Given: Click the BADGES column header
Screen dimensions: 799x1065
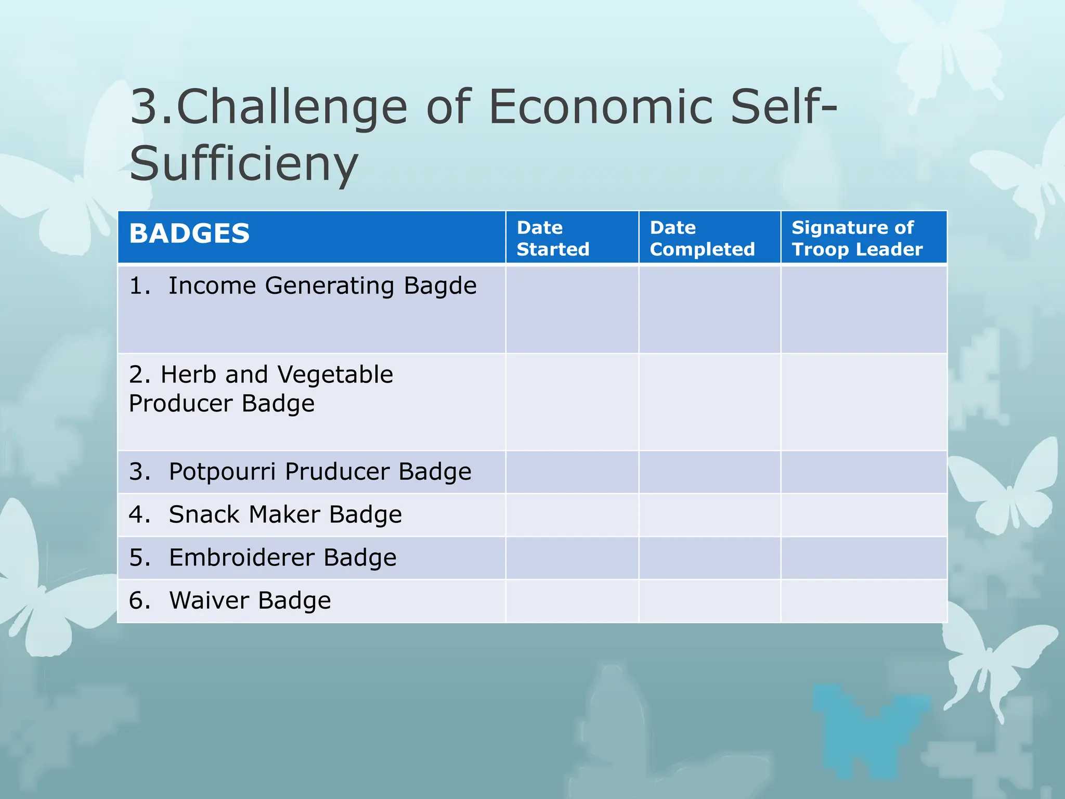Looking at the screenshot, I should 190,234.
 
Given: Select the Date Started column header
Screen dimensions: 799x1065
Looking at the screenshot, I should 553,238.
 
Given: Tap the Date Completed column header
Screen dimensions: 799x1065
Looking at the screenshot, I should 702,238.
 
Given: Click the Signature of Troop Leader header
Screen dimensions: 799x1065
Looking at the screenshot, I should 857,238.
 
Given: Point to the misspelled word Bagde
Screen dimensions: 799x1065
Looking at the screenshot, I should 440,286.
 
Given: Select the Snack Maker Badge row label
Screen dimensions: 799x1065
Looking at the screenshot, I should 285,515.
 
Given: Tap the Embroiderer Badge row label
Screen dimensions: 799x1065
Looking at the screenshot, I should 282,558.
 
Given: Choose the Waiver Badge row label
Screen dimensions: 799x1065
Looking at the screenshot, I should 250,601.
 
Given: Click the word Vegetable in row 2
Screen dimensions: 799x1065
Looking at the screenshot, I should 335,375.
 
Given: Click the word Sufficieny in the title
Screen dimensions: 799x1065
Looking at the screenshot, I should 244,164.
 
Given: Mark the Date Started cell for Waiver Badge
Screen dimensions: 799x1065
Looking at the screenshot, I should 572,601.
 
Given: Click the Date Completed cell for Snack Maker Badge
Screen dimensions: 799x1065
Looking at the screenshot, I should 709,515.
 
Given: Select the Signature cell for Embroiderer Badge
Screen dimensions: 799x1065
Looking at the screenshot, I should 864,558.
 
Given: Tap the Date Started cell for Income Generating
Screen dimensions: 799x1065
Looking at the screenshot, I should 572,309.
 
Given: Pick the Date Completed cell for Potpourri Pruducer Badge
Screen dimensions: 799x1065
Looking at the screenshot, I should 709,472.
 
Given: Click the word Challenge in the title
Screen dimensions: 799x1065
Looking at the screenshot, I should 292,108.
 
